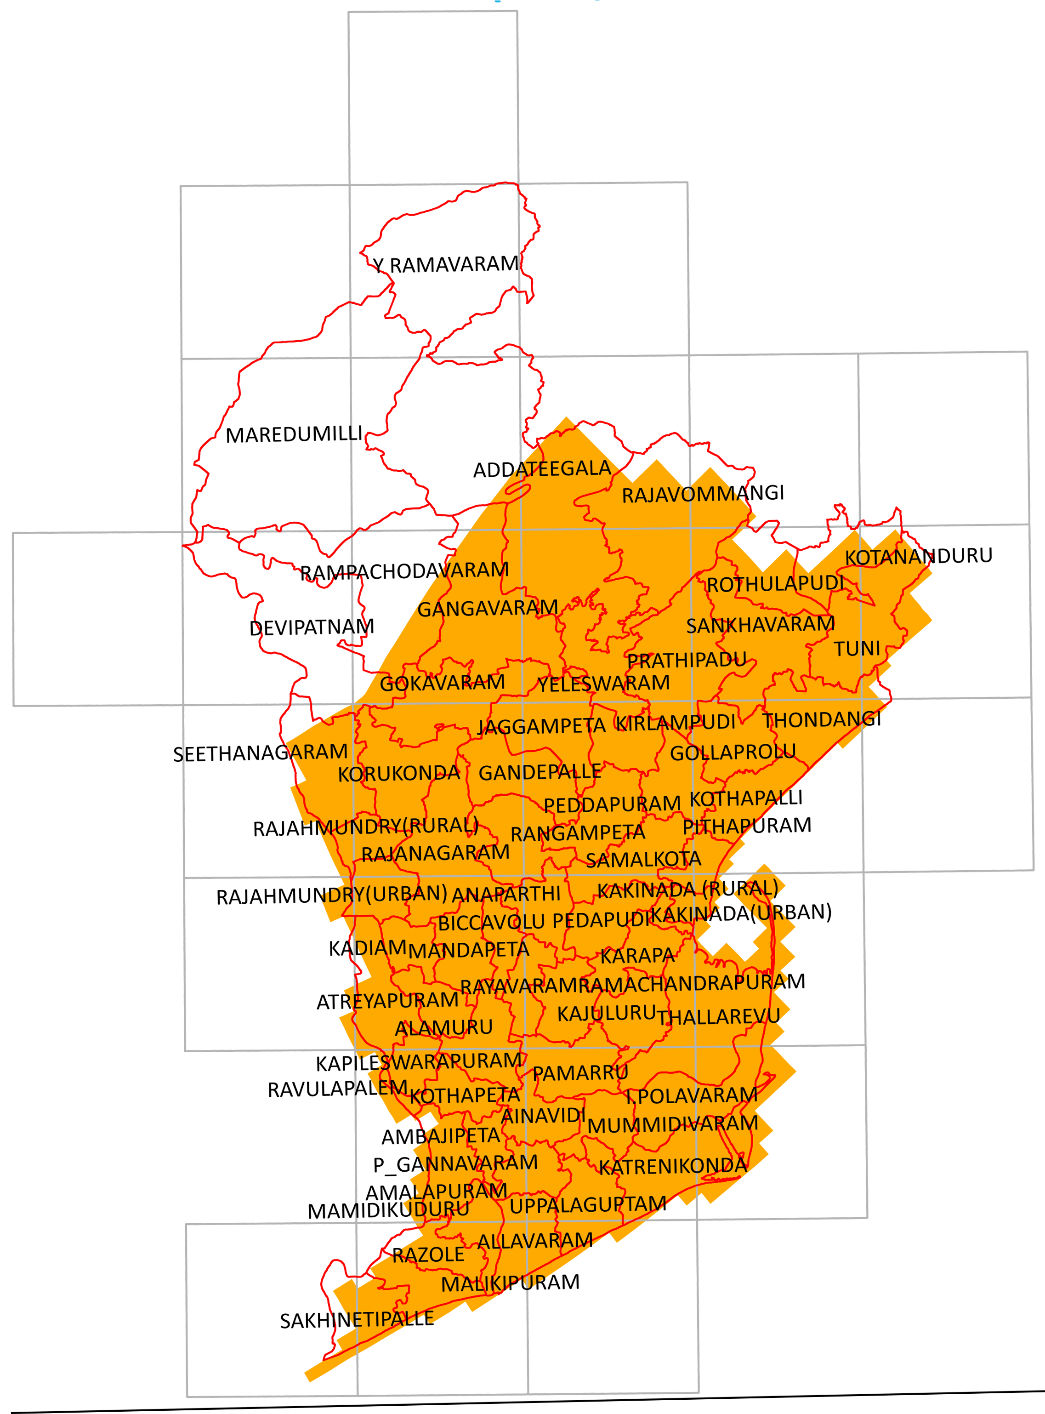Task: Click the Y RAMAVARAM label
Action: (445, 264)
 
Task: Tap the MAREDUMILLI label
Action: (294, 435)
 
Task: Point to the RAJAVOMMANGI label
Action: (702, 494)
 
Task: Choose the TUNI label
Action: (857, 649)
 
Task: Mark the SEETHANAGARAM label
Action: (260, 753)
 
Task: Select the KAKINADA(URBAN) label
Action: (741, 913)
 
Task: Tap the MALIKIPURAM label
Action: (510, 1283)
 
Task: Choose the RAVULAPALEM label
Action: (337, 1089)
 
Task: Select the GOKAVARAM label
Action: (442, 683)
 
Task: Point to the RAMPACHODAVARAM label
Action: (403, 571)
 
